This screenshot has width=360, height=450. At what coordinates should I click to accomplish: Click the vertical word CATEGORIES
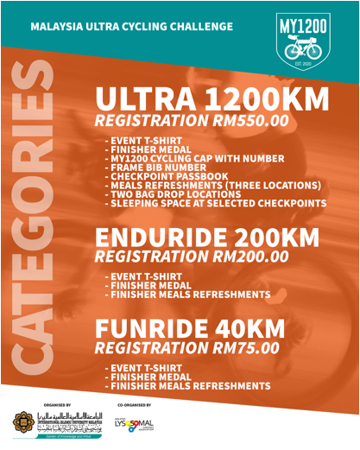coord(34,233)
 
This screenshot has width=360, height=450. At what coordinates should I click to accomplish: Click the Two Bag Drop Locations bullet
coord(174,194)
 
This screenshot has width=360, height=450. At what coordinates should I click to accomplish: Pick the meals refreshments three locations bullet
coord(212,185)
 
